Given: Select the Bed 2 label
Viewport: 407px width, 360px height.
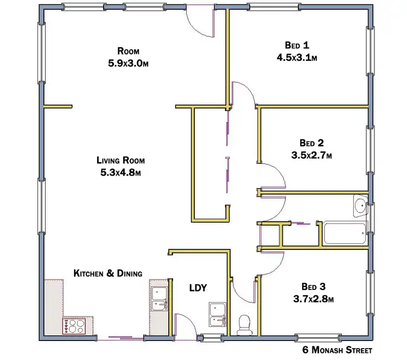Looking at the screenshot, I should tap(311, 143).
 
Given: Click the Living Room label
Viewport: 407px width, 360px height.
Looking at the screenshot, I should tap(121, 160).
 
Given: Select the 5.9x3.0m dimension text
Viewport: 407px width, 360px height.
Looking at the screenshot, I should tap(128, 63).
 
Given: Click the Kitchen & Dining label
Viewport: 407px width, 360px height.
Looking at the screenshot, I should tap(108, 273).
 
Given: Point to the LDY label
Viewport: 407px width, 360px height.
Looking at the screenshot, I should tap(198, 288).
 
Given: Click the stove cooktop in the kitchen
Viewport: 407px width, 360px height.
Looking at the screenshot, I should tap(73, 326).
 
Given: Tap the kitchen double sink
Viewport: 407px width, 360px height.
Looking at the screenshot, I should tap(159, 299).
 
